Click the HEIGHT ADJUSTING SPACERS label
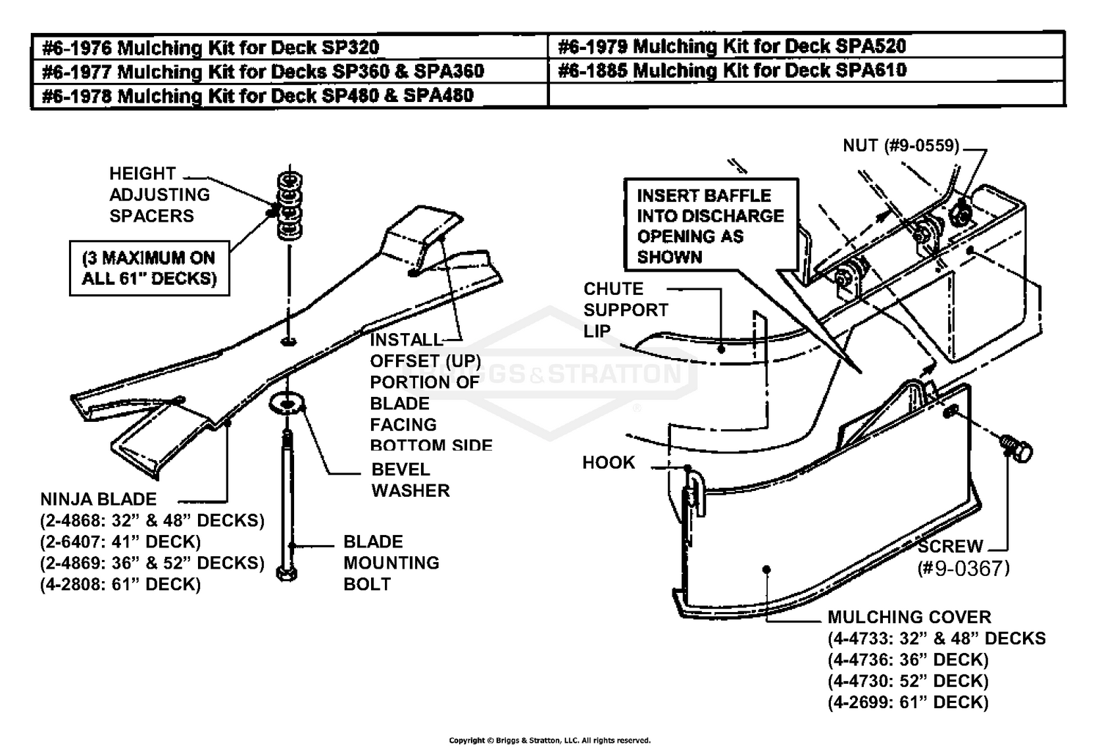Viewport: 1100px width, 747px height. tap(159, 195)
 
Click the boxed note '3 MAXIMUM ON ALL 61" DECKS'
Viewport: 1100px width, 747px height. tap(150, 268)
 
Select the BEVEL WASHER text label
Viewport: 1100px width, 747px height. tap(410, 480)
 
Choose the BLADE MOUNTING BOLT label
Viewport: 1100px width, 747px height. tap(391, 563)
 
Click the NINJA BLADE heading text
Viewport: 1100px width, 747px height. tap(98, 500)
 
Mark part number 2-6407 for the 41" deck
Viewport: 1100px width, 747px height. tap(120, 542)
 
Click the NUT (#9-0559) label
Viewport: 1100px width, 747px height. tap(901, 145)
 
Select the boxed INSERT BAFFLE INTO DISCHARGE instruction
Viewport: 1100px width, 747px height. tap(710, 225)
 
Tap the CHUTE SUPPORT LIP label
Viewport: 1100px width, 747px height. tap(625, 310)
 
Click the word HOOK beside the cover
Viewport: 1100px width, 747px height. tap(608, 462)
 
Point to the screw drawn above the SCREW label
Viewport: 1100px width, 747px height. tap(1016, 447)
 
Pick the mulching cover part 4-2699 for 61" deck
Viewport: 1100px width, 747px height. tap(908, 702)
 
